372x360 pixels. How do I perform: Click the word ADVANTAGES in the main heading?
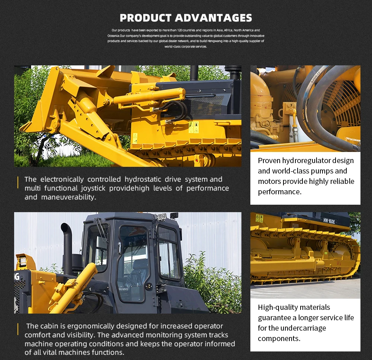(214, 17)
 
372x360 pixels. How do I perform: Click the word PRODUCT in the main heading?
(145, 17)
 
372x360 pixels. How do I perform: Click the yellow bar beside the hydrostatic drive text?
(18, 183)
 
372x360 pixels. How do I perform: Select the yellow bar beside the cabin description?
(18, 330)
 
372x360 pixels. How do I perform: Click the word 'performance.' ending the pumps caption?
(279, 192)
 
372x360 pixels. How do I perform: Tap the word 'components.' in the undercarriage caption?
(279, 338)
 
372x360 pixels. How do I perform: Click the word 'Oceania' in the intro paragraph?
(113, 35)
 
